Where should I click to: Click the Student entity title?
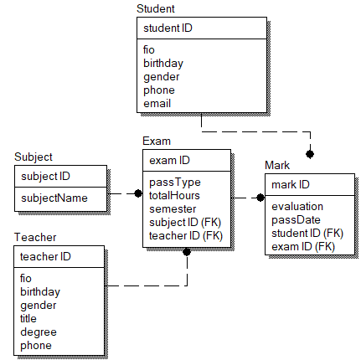pyautogui.click(x=156, y=8)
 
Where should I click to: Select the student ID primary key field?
pyautogui.click(x=168, y=28)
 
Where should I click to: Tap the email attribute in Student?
pyautogui.click(x=157, y=103)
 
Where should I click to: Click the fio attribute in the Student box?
pyautogui.click(x=149, y=50)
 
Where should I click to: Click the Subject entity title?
pyautogui.click(x=34, y=157)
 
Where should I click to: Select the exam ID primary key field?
pyautogui.click(x=169, y=160)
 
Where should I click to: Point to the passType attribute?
pyautogui.click(x=175, y=182)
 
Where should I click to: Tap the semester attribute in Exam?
pyautogui.click(x=173, y=208)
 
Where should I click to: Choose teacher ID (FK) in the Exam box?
pyautogui.click(x=185, y=235)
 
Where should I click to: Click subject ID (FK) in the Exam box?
pyautogui.click(x=185, y=222)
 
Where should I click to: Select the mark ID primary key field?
pyautogui.click(x=291, y=184)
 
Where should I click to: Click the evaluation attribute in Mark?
pyautogui.click(x=297, y=206)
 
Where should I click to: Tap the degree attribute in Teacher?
pyautogui.click(x=38, y=332)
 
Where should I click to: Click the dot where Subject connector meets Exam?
pyautogui.click(x=138, y=193)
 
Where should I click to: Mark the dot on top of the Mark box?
pyautogui.click(x=310, y=154)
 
